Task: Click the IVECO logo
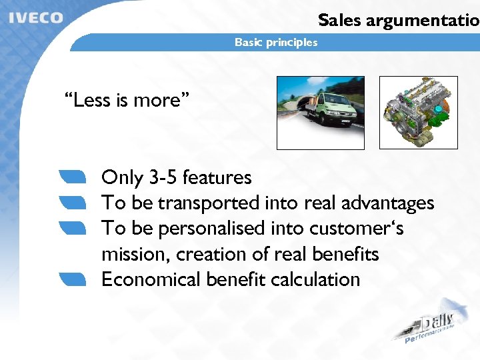[x=36, y=17]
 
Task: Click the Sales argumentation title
[x=399, y=20]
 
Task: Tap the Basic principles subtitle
[x=276, y=43]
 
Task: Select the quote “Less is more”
[x=127, y=101]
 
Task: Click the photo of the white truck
[x=321, y=113]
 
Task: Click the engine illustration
[x=418, y=112]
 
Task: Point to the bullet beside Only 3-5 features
[x=73, y=177]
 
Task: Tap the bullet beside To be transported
[x=73, y=202]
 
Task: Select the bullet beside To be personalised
[x=73, y=228]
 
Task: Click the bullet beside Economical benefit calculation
[x=73, y=279]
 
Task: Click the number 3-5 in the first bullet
[x=163, y=178]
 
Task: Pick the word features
[x=217, y=178]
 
